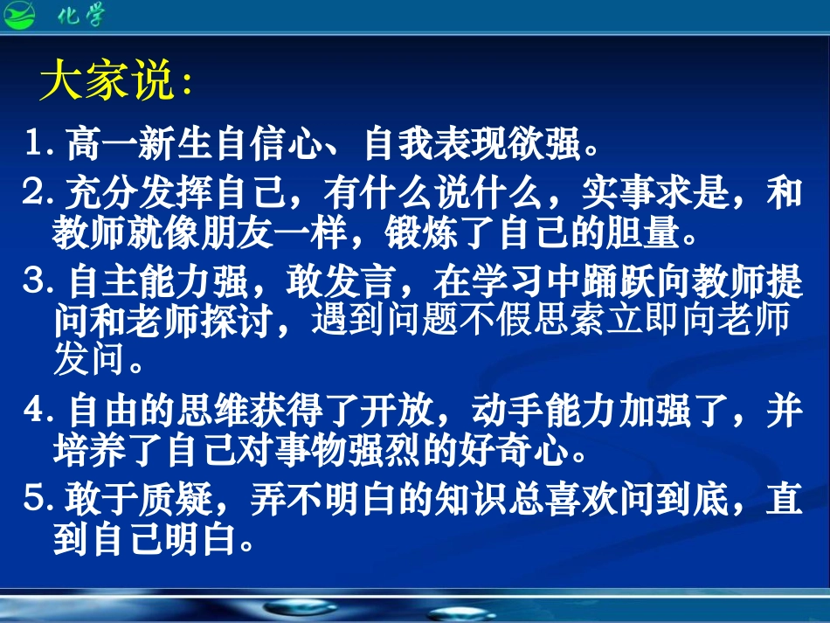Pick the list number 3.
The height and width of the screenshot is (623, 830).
point(38,281)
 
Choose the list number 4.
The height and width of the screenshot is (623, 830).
point(38,412)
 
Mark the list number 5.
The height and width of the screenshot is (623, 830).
point(38,499)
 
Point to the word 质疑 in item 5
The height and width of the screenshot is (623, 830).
point(178,500)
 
